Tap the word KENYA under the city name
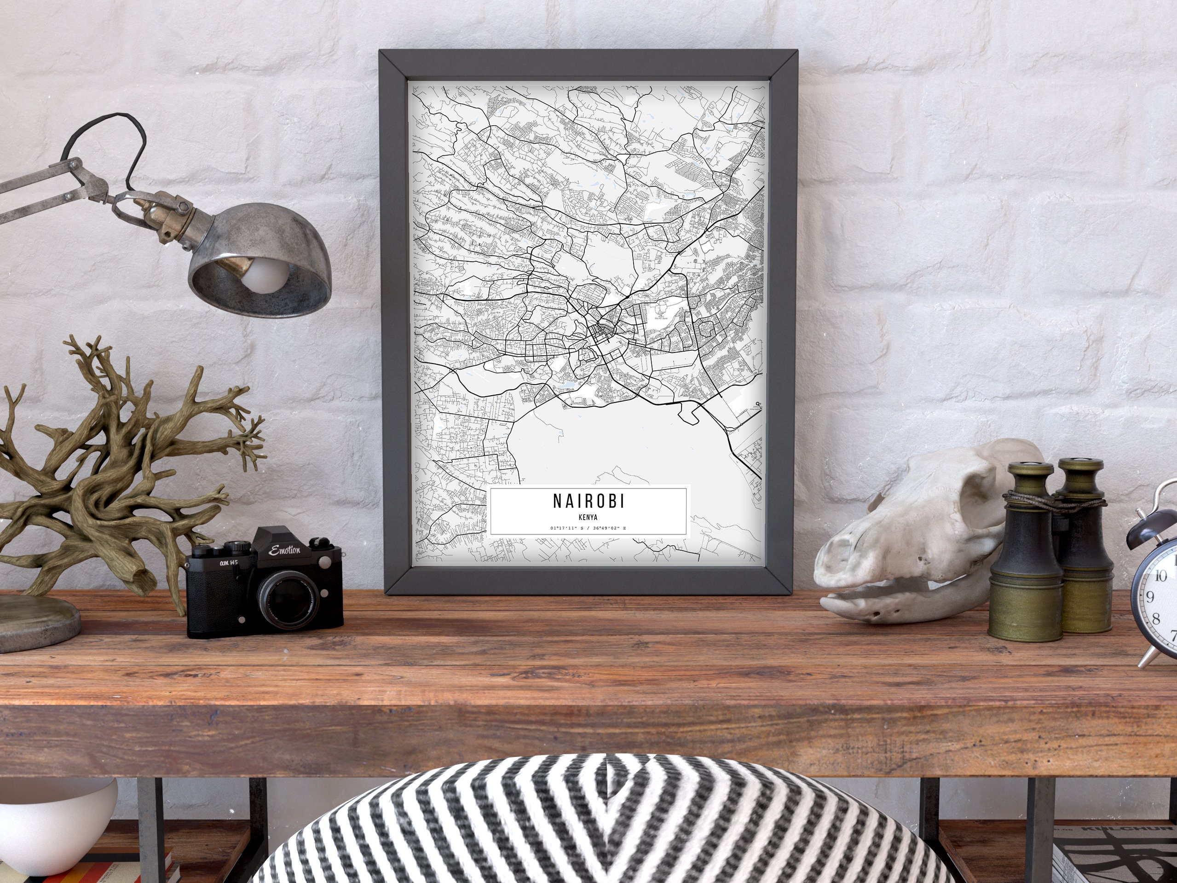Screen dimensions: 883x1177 click(x=588, y=517)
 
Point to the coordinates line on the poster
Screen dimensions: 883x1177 click(x=588, y=528)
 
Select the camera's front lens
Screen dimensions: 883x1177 click(x=287, y=600)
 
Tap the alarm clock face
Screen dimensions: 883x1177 click(x=1160, y=601)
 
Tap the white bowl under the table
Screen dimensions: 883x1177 click(x=53, y=814)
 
